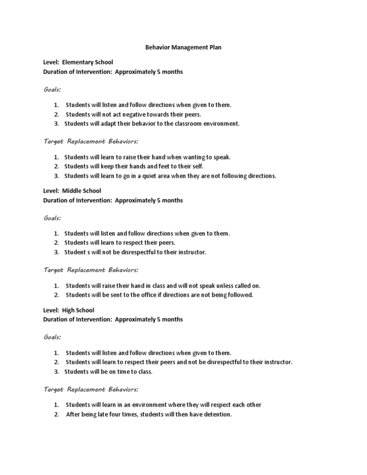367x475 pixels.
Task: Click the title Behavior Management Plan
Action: pyautogui.click(x=183, y=48)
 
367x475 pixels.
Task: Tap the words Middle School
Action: pyautogui.click(x=82, y=191)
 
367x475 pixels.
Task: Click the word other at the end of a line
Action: pyautogui.click(x=253, y=405)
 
